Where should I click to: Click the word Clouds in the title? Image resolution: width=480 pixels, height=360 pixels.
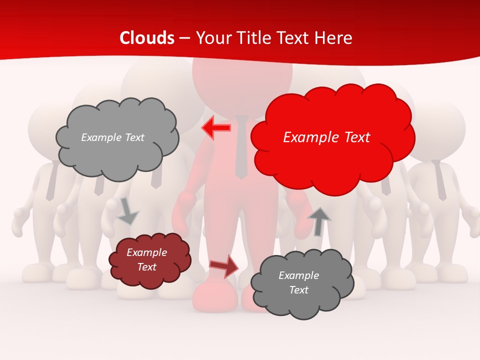tap(147, 38)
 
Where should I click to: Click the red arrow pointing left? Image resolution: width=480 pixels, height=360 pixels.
tap(216, 128)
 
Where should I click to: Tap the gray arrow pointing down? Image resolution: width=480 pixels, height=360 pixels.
tap(127, 211)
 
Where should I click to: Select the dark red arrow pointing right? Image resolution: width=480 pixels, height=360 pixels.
tap(224, 265)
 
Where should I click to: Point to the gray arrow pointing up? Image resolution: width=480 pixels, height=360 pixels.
tap(319, 221)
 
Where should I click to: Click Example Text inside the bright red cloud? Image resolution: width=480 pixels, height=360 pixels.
tap(326, 137)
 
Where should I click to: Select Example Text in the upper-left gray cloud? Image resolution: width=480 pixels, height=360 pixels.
tap(112, 137)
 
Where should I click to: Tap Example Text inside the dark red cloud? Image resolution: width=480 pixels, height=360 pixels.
tap(147, 259)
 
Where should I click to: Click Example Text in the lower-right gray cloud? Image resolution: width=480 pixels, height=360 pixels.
tap(298, 282)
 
